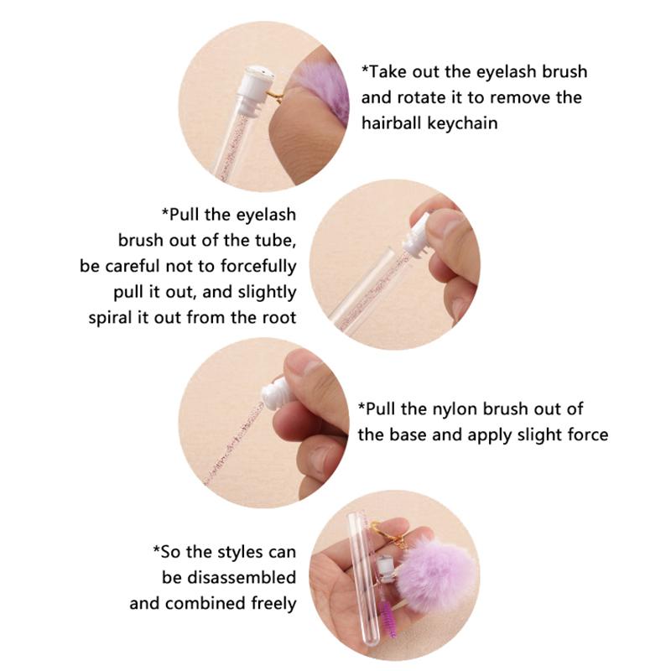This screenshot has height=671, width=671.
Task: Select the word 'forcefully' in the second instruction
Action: pyautogui.click(x=257, y=267)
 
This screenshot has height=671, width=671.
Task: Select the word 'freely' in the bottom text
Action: pyautogui.click(x=269, y=603)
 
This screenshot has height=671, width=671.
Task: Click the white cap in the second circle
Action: pyautogui.click(x=417, y=237)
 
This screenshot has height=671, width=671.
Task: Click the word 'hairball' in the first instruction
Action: pyautogui.click(x=394, y=123)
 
